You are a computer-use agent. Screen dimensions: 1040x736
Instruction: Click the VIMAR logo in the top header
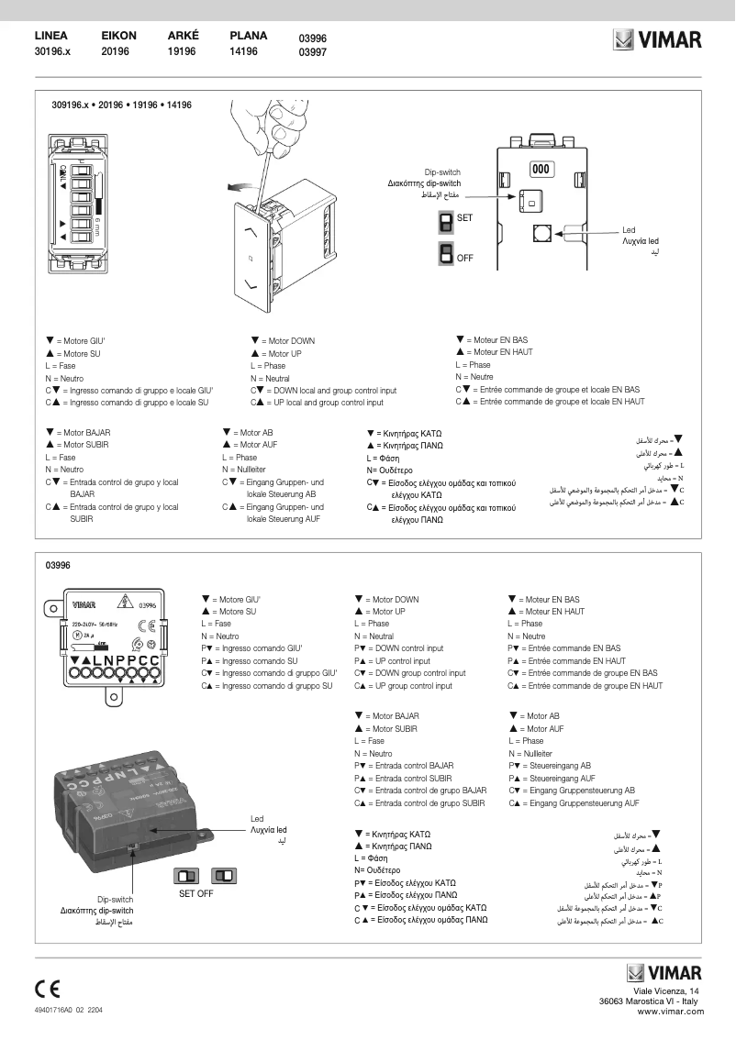click(658, 41)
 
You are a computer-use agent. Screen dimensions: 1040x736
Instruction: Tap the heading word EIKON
click(118, 36)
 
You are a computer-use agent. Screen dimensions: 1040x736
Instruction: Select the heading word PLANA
click(248, 36)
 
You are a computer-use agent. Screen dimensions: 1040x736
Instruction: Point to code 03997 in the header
click(313, 53)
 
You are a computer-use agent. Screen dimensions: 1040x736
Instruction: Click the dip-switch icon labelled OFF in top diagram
click(446, 253)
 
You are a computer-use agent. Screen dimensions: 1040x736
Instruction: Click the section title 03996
click(58, 566)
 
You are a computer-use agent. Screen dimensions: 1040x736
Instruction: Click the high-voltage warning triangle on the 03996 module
click(122, 603)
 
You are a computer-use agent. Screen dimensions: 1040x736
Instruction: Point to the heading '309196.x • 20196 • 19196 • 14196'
click(121, 106)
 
